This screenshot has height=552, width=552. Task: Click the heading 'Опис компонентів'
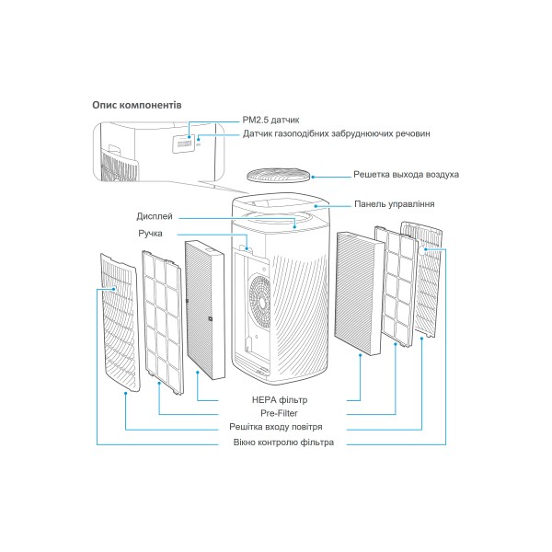(137, 105)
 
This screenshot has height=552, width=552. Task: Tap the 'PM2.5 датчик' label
(270, 120)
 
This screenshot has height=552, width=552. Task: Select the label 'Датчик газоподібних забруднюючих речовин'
(336, 133)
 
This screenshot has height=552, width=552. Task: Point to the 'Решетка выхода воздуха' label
(406, 175)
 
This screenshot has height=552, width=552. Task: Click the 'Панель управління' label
(395, 204)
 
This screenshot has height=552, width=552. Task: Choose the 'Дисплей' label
(155, 216)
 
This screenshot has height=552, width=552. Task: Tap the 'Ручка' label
(150, 234)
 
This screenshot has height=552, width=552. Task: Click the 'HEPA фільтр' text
(280, 400)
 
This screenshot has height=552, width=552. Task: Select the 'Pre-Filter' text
(279, 413)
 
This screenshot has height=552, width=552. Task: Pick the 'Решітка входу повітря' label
(276, 427)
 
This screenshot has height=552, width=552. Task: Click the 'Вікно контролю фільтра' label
(283, 443)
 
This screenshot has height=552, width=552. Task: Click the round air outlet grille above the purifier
(279, 175)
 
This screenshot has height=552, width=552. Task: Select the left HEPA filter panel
(205, 309)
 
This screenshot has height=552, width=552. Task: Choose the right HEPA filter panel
(359, 293)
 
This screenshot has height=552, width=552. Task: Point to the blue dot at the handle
(247, 249)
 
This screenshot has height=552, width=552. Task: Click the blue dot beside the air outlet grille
(313, 177)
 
